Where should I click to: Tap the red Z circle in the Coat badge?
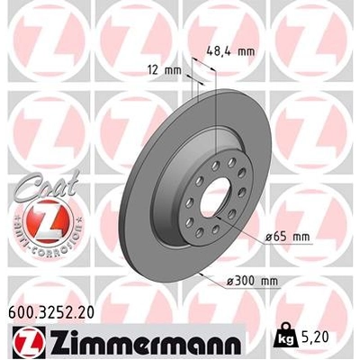coord(41,218)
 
